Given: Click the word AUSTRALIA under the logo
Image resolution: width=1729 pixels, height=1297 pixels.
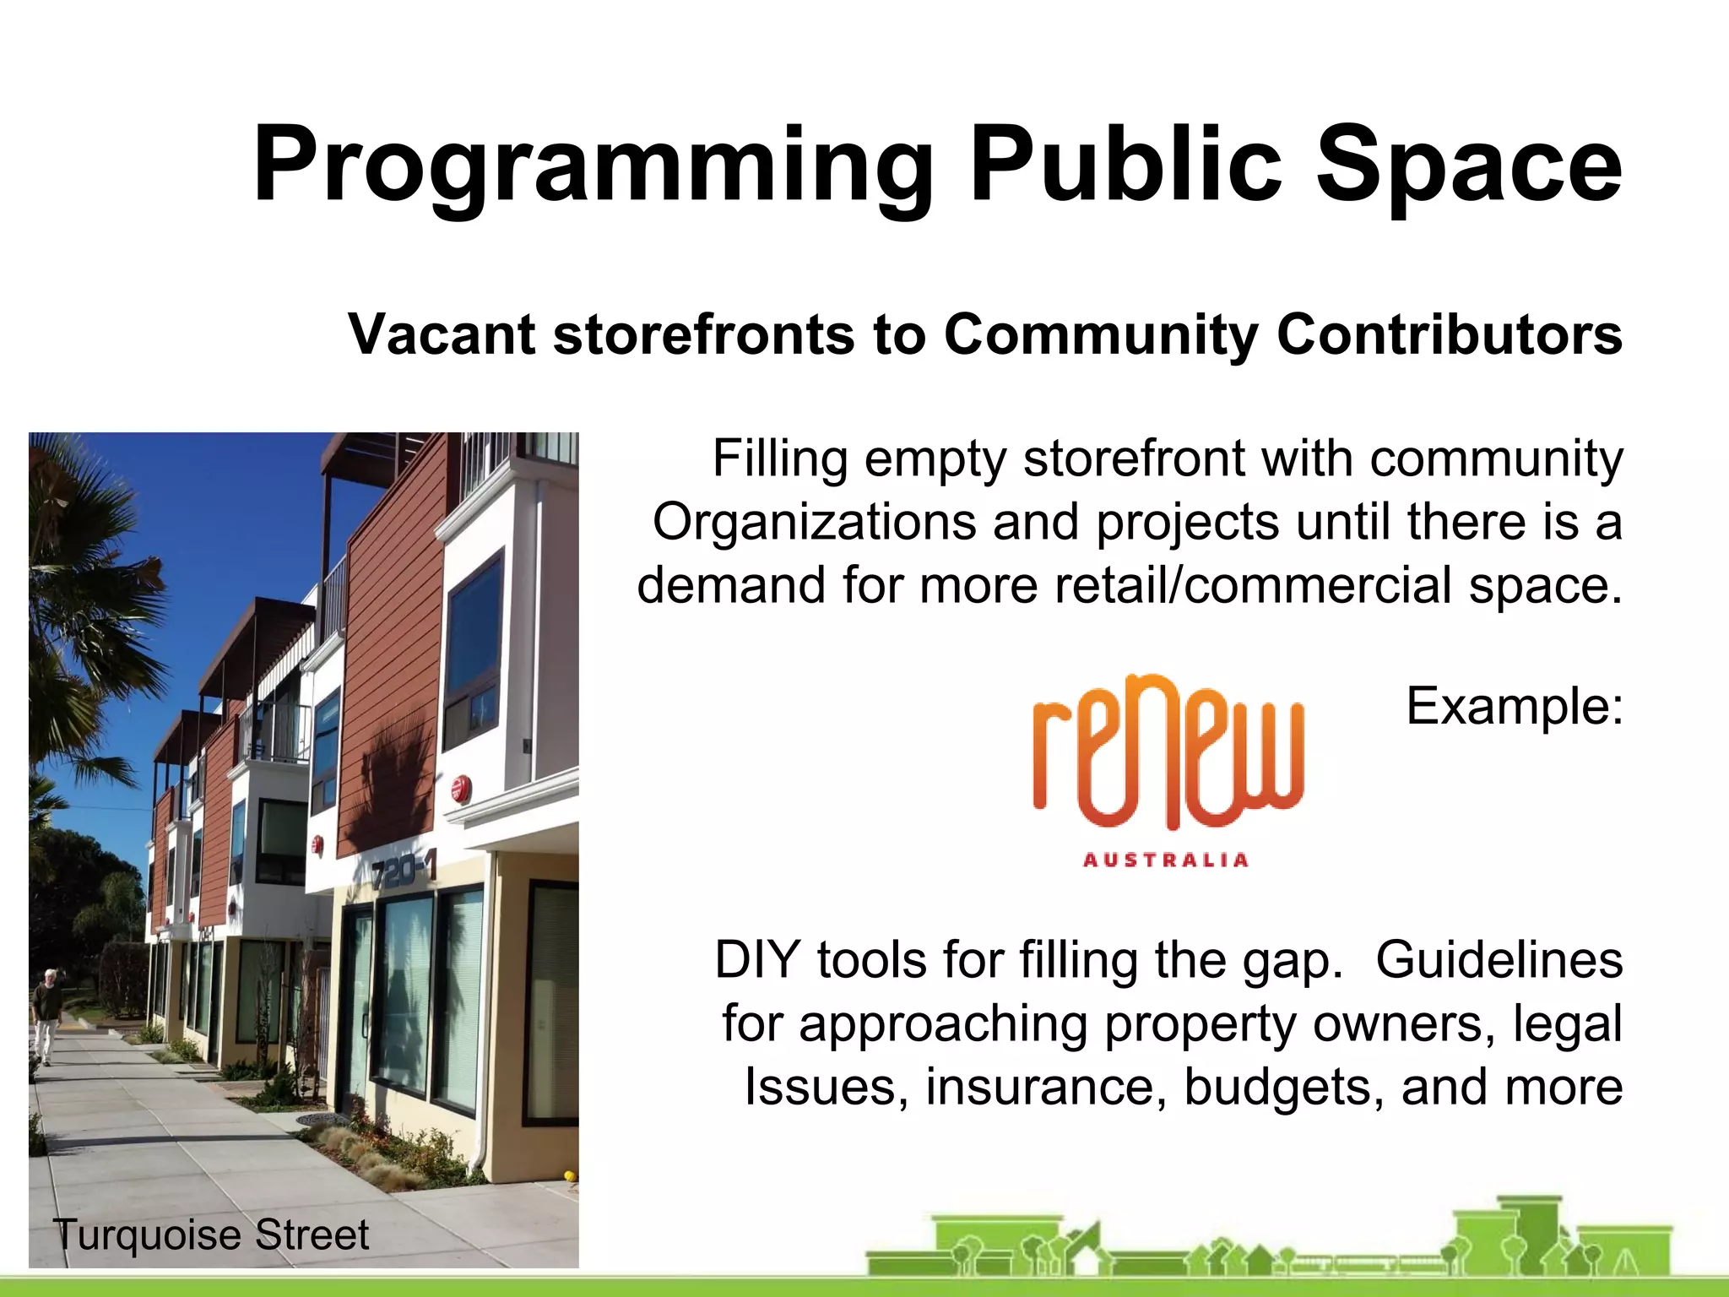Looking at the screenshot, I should [1165, 860].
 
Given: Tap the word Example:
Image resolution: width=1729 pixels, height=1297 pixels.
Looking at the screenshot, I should [1514, 706].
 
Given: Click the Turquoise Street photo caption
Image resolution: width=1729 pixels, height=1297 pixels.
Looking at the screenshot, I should [211, 1235].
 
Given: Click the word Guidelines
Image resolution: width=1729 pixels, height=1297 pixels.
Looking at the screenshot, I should [1499, 960].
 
